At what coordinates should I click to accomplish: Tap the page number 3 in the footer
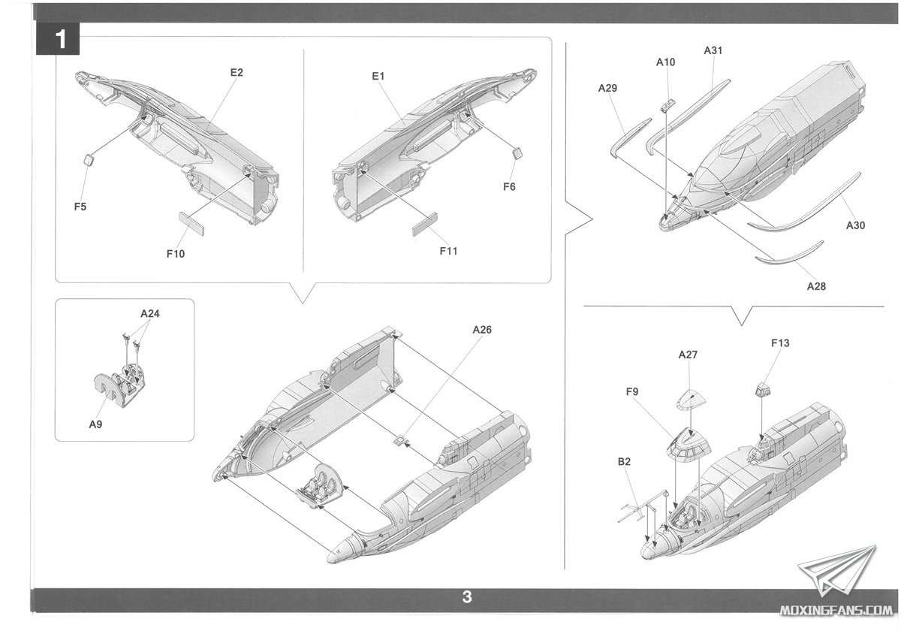pyautogui.click(x=467, y=598)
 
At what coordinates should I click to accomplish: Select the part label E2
pyautogui.click(x=237, y=73)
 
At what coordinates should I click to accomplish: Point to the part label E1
pyautogui.click(x=378, y=77)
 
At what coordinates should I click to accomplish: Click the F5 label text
pyautogui.click(x=80, y=206)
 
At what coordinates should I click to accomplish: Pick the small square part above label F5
pyautogui.click(x=88, y=159)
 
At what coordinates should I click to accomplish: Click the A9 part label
pyautogui.click(x=95, y=424)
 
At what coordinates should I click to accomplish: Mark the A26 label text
pyautogui.click(x=483, y=330)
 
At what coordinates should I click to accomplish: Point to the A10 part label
pyautogui.click(x=665, y=62)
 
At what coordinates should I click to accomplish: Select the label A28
pyautogui.click(x=816, y=286)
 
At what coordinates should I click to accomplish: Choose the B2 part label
pyautogui.click(x=625, y=462)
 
